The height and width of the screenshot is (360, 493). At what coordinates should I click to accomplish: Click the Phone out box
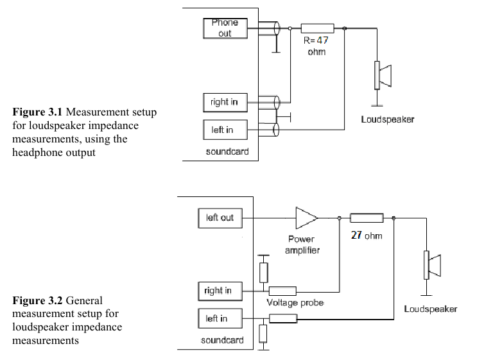tap(225, 28)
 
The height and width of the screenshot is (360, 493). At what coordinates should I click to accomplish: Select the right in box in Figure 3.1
tap(223, 102)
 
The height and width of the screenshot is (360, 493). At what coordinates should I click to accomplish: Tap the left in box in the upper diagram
tap(223, 130)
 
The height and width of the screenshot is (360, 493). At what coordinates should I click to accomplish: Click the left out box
tap(220, 218)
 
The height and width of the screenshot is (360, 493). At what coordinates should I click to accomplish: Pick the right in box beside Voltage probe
tap(218, 290)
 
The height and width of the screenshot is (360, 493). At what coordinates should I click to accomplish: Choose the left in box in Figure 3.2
tap(216, 318)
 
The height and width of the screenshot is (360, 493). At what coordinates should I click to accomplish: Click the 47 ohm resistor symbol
tap(317, 28)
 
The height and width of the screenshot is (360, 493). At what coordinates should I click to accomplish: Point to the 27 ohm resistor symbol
tap(367, 218)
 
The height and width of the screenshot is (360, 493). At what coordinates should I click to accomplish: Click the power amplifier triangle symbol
tap(306, 218)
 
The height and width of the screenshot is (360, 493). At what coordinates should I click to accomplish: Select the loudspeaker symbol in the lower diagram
tap(432, 265)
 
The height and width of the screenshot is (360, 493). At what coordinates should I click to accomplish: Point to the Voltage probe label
tap(295, 302)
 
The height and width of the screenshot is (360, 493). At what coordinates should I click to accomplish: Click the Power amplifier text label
tap(302, 244)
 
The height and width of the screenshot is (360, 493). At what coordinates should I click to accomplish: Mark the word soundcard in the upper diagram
tap(227, 152)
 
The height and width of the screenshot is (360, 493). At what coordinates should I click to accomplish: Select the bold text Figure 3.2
tap(38, 300)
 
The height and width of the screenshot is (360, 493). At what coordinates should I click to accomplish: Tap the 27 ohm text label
tap(367, 236)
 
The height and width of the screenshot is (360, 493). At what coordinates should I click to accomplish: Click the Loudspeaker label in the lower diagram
tap(430, 309)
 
